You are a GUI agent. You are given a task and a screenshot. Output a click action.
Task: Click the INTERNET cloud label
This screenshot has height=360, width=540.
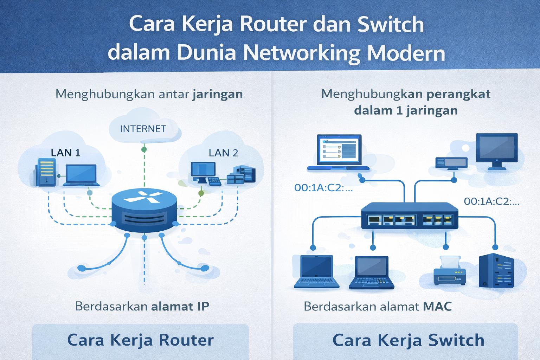[143, 129]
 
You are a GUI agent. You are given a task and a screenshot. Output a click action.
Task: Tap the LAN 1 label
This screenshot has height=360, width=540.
[65, 153]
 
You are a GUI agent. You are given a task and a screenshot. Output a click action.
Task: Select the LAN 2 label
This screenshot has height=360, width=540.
[223, 153]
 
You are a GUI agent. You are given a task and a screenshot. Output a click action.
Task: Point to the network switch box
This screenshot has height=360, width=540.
[410, 216]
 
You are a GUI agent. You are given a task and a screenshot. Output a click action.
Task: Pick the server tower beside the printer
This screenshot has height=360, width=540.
[496, 271]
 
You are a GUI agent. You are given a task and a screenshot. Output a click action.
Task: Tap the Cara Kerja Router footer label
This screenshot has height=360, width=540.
[140, 340]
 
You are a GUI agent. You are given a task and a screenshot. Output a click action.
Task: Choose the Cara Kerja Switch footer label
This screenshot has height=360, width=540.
[408, 340]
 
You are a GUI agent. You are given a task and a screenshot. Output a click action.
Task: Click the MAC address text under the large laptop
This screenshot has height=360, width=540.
[323, 188]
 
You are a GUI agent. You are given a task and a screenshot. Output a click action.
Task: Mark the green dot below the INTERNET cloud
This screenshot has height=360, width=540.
[144, 149]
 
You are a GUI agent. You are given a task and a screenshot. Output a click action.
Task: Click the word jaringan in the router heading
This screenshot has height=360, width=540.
[217, 94]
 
